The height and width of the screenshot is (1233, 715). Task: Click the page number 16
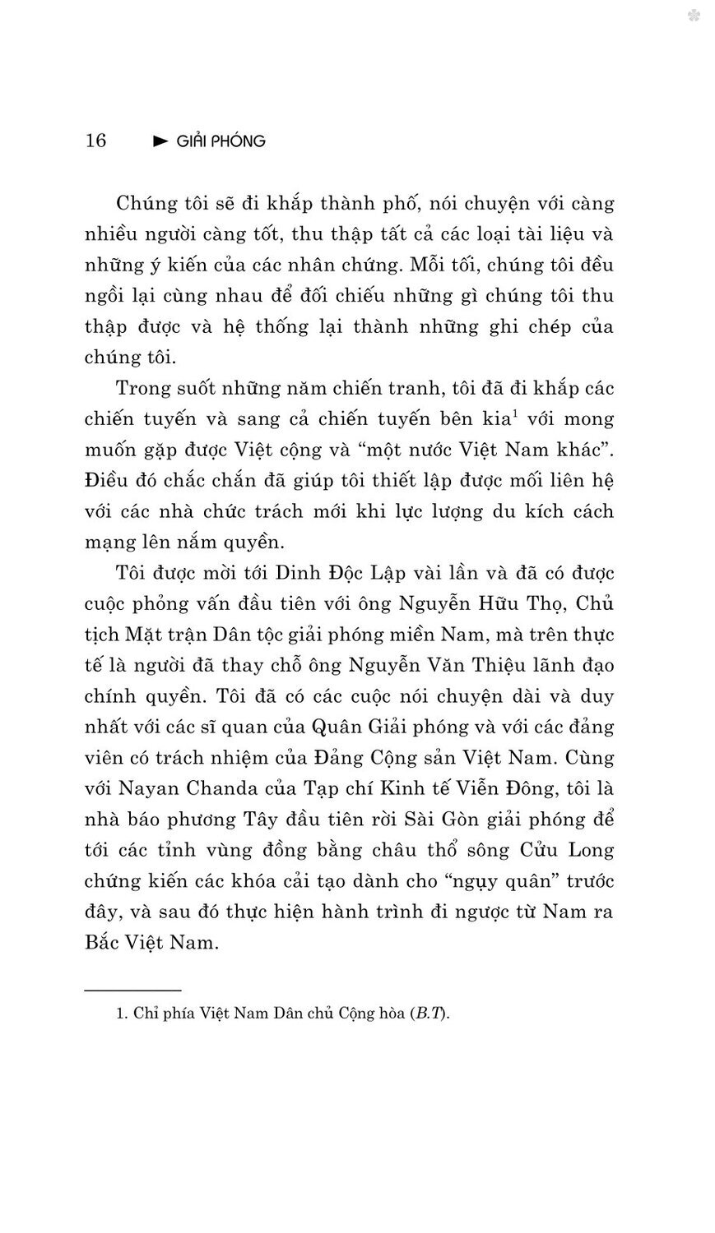point(95,141)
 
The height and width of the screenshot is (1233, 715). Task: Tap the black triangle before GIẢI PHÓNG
point(161,141)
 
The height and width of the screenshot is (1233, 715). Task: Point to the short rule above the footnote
point(132,991)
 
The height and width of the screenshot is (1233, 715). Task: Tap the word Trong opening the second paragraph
point(143,387)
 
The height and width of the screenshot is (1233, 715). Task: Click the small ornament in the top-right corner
point(694,15)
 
